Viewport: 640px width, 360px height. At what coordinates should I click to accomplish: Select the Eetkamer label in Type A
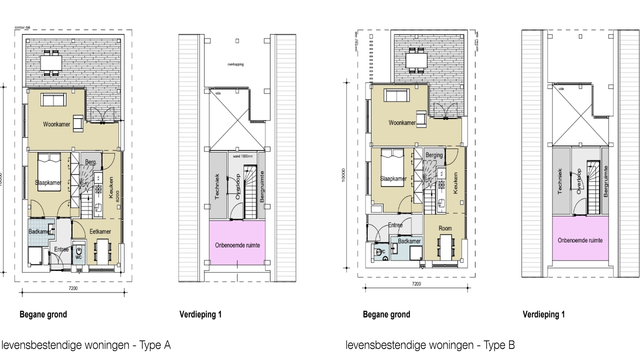[100, 231]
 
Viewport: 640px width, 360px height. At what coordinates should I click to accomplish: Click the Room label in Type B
[445, 228]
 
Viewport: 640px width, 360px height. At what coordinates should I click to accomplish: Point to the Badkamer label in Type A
[39, 231]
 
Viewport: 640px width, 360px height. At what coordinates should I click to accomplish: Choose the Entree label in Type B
[395, 225]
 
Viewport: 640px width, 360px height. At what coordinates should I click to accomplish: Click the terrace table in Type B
[416, 60]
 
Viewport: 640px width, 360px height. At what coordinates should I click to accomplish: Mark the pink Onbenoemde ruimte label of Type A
[237, 245]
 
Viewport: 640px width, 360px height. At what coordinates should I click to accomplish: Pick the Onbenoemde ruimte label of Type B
[580, 240]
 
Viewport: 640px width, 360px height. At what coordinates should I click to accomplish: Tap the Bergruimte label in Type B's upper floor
[605, 183]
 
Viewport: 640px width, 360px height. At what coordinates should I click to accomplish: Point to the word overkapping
[235, 64]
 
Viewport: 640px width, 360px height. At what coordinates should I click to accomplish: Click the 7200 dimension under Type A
[73, 288]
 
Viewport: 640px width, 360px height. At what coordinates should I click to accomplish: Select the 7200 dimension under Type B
[416, 283]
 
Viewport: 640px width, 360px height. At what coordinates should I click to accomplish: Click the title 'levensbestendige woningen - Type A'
[86, 345]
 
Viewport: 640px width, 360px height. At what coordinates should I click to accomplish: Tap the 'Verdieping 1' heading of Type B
[543, 314]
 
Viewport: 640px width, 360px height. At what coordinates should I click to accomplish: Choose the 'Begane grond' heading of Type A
[43, 314]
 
